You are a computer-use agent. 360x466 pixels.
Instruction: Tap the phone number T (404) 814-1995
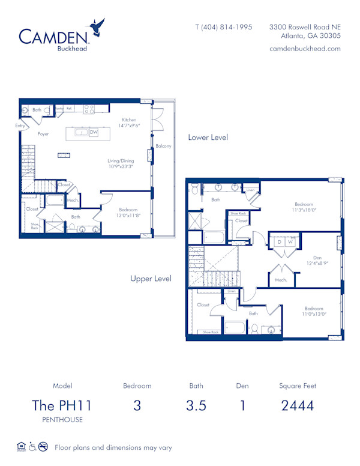click(x=224, y=27)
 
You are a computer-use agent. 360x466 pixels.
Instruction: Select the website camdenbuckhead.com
click(x=305, y=49)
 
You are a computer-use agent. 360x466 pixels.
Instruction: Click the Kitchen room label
click(x=129, y=120)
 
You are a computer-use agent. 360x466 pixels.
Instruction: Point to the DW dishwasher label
click(x=94, y=132)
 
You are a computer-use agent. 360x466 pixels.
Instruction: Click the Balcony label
click(x=163, y=146)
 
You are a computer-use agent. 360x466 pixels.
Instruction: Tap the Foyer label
click(x=43, y=134)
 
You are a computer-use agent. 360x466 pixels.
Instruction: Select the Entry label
click(x=20, y=126)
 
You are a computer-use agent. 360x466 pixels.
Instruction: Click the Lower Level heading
click(x=208, y=138)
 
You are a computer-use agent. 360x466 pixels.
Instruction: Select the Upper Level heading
click(x=151, y=279)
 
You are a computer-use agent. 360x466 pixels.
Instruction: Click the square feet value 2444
click(x=298, y=405)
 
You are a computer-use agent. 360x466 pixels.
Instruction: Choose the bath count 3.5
click(x=196, y=405)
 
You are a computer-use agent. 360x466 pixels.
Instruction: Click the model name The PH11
click(x=62, y=405)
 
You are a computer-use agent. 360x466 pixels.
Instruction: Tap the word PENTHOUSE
click(x=62, y=420)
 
